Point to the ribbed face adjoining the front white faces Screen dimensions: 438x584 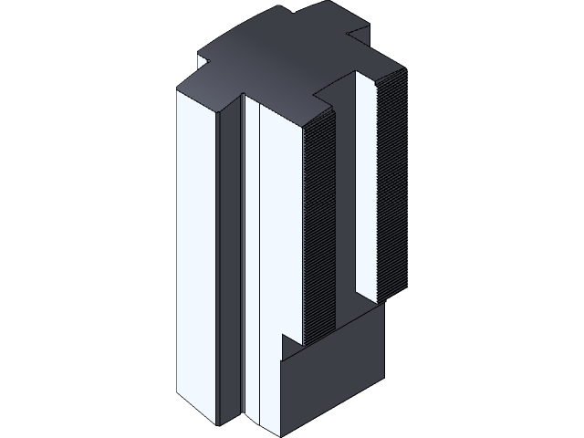pyautogui.click(x=315, y=228)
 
